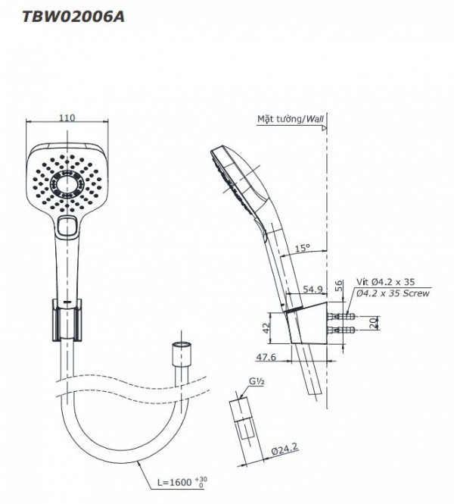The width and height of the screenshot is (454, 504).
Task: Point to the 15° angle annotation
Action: coord(302,248)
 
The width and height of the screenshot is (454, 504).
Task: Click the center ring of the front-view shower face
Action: coord(67,183)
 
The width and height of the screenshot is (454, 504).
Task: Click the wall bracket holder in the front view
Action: coord(67,318)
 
